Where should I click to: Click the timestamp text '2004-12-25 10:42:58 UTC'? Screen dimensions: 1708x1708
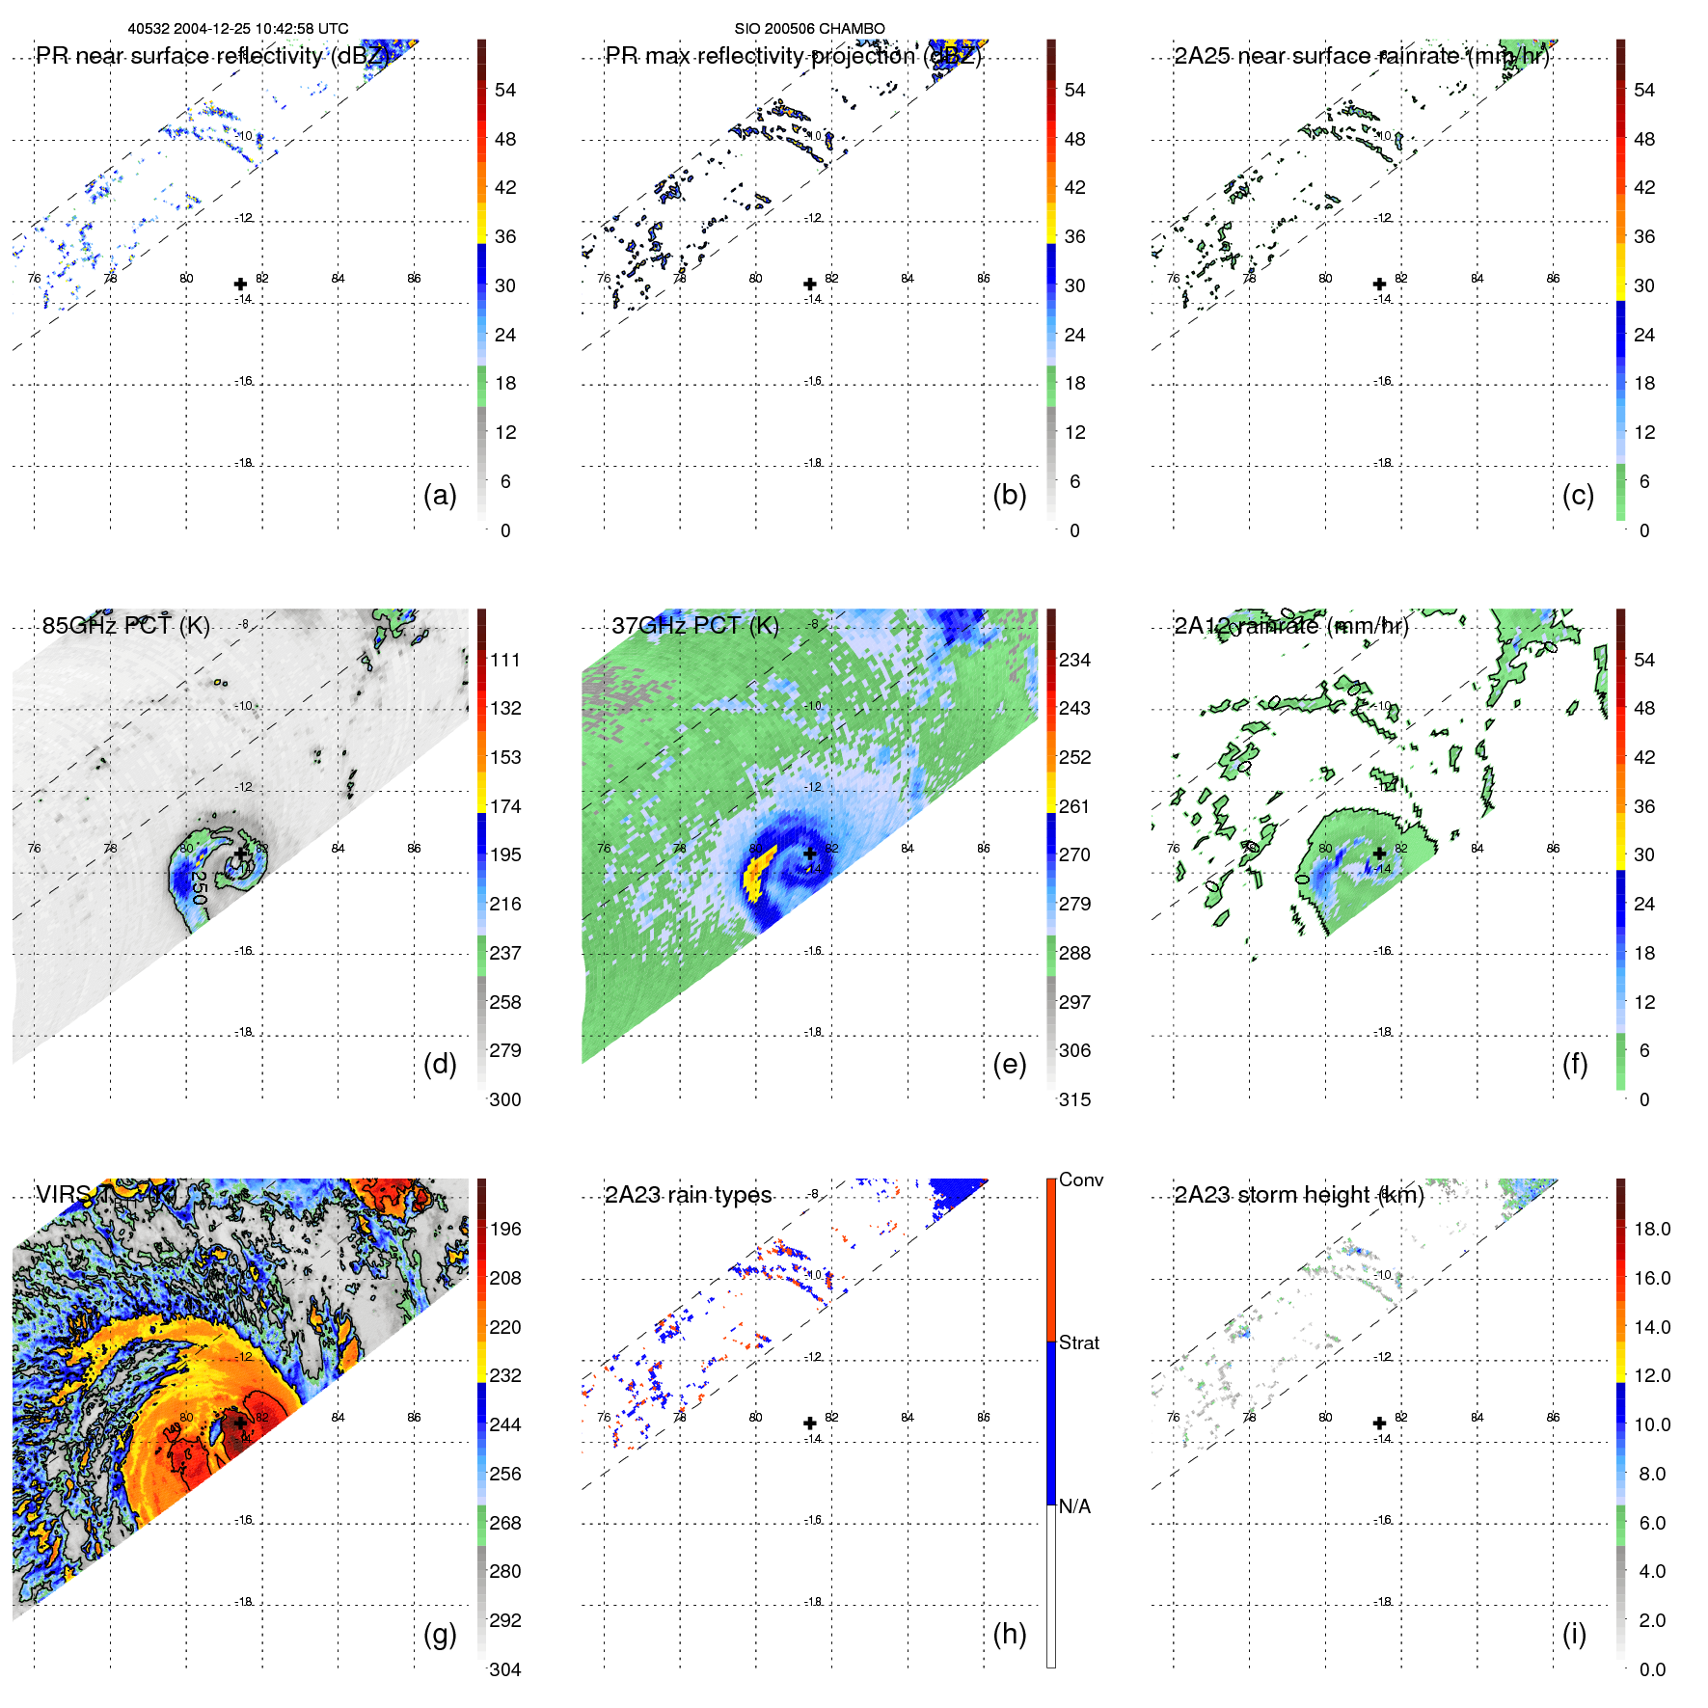(260, 29)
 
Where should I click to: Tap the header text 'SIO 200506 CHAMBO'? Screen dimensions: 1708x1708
(809, 29)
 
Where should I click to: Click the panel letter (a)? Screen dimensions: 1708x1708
(440, 495)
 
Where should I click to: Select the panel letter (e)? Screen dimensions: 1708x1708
(1009, 1064)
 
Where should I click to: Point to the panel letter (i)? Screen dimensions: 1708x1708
(1574, 1634)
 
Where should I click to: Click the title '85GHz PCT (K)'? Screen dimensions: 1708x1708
(125, 625)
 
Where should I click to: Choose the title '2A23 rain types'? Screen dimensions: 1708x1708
(688, 1195)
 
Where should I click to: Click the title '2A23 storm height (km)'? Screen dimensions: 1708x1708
(1298, 1195)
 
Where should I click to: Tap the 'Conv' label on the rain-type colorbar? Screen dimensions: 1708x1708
(1080, 1179)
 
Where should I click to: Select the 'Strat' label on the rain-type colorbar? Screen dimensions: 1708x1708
(1078, 1342)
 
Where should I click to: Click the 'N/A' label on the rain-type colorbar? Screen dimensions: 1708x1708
(1074, 1506)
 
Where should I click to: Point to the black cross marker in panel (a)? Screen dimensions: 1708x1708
(240, 284)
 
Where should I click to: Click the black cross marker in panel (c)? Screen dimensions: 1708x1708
(1379, 284)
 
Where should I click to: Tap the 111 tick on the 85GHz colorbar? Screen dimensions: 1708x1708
(505, 660)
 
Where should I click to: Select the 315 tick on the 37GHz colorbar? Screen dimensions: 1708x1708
(1074, 1099)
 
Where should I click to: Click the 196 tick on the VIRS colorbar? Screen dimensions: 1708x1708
(505, 1229)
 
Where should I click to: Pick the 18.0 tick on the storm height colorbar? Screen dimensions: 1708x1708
(1652, 1229)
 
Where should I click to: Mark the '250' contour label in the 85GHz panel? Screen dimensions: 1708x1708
(199, 887)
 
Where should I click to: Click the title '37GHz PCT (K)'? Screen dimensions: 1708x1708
(694, 625)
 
